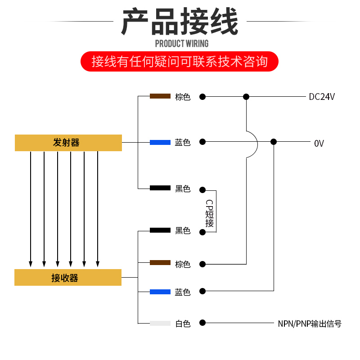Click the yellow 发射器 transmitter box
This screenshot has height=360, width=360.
tap(68, 143)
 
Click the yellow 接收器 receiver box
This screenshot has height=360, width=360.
tap(68, 277)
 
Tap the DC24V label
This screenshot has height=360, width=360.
tap(322, 97)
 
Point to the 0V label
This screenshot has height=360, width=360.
tap(319, 144)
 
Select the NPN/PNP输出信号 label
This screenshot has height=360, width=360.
tap(310, 324)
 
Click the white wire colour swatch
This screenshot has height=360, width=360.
tap(160, 323)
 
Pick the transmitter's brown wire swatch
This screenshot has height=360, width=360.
tap(160, 96)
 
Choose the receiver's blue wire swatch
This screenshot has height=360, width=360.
tap(160, 292)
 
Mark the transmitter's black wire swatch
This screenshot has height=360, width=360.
tap(160, 188)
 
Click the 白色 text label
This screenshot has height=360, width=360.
tap(183, 324)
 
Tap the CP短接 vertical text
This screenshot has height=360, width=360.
tap(210, 213)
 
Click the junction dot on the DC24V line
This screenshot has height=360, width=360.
tap(246, 96)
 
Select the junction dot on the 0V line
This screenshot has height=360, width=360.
tap(274, 142)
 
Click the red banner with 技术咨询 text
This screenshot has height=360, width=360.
tap(180, 62)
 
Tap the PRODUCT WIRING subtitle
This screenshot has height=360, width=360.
tap(182, 44)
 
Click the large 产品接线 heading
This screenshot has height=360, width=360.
tap(180, 22)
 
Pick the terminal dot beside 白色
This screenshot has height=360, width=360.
tap(202, 323)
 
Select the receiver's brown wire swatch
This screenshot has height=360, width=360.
tap(160, 262)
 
